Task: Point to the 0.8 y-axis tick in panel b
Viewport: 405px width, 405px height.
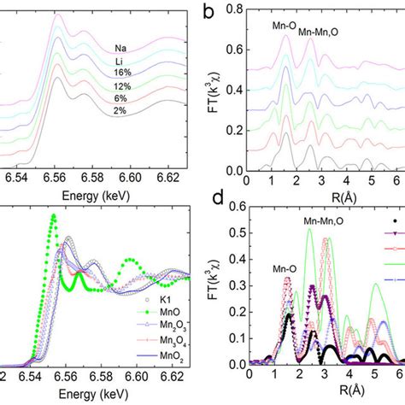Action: (235, 11)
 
